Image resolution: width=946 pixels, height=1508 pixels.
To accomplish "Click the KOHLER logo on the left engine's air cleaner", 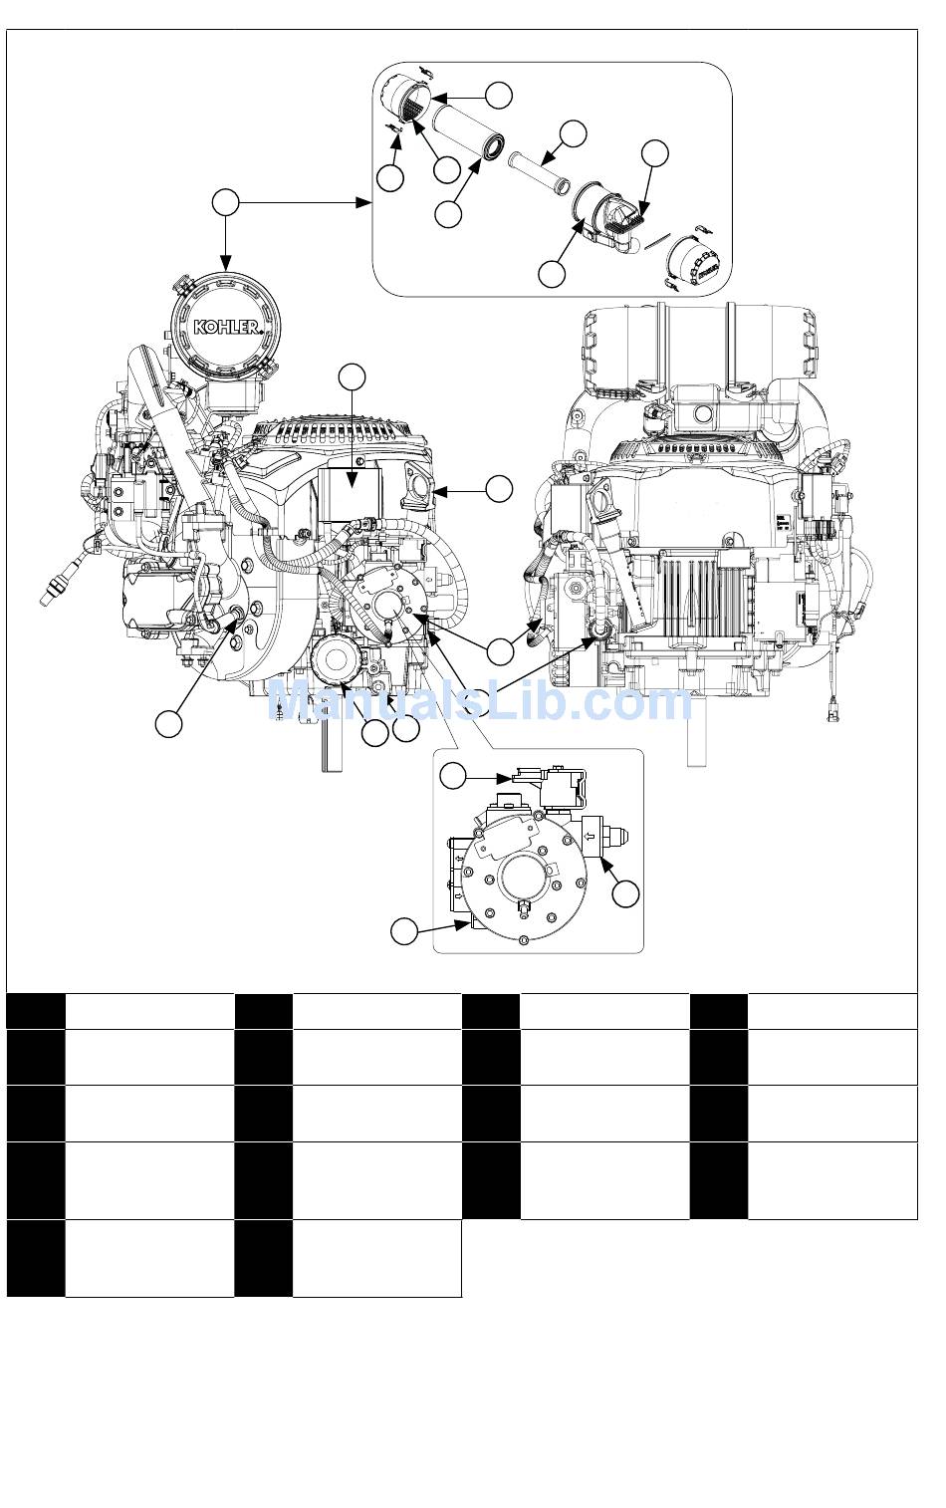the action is coord(226,327).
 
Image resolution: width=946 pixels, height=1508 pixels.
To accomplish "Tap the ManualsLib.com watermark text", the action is coord(480,701).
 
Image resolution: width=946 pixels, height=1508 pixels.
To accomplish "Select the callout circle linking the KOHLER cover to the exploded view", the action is coord(225,202).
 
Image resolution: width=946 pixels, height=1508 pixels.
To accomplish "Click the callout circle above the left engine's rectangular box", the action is coord(352,377).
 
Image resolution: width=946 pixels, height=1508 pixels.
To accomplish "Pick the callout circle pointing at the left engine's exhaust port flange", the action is coord(499,489).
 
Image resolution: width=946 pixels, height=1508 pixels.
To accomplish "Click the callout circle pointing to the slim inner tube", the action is coord(573,133).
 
